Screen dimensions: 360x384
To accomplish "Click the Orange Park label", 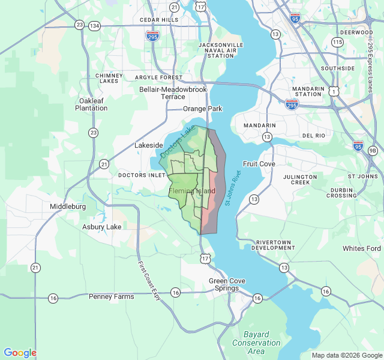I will tap(202, 109).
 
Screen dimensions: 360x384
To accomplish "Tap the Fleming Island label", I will tap(192, 191).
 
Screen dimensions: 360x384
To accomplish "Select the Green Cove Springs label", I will tap(224, 284).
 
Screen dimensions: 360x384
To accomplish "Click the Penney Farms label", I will tap(112, 296).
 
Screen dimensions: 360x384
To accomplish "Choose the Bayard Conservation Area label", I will tap(256, 343).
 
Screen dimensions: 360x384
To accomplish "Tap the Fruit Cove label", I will tap(259, 164).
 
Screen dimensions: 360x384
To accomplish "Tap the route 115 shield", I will tap(337, 42).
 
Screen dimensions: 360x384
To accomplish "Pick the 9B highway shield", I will tap(373, 150).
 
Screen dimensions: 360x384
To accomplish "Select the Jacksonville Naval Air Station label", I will tap(220, 50).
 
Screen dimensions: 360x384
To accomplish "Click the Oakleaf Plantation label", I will tap(91, 104).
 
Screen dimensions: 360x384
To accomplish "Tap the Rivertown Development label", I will tap(273, 244).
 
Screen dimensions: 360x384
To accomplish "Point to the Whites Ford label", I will tap(361, 248).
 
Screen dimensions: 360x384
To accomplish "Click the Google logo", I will tap(20, 353).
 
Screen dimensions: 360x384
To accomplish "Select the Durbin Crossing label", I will tap(343, 192).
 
